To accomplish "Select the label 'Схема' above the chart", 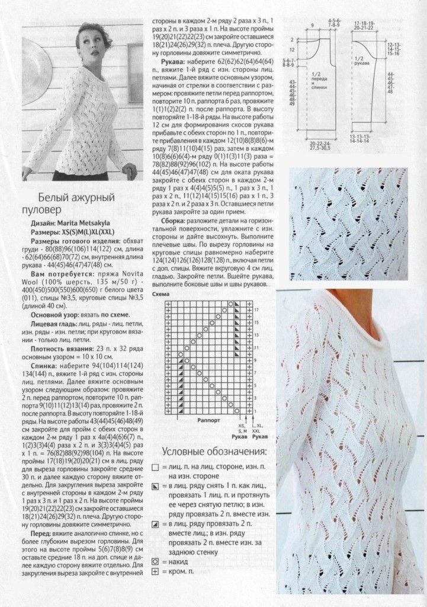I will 159,293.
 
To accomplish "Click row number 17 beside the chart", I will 256,309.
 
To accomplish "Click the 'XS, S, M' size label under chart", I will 241,428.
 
